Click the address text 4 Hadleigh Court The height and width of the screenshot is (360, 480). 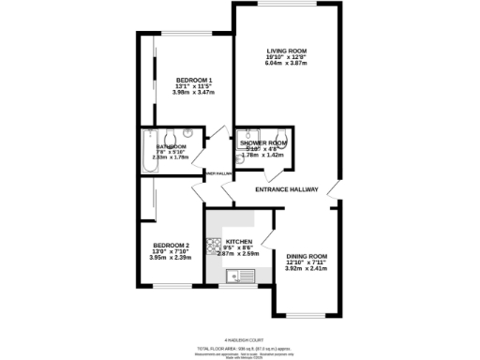pyautogui.click(x=240, y=339)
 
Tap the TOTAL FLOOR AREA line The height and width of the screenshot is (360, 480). pyautogui.click(x=240, y=346)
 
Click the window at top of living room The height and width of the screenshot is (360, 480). pyautogui.click(x=286, y=6)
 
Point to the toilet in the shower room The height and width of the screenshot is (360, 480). pyautogui.click(x=280, y=135)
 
